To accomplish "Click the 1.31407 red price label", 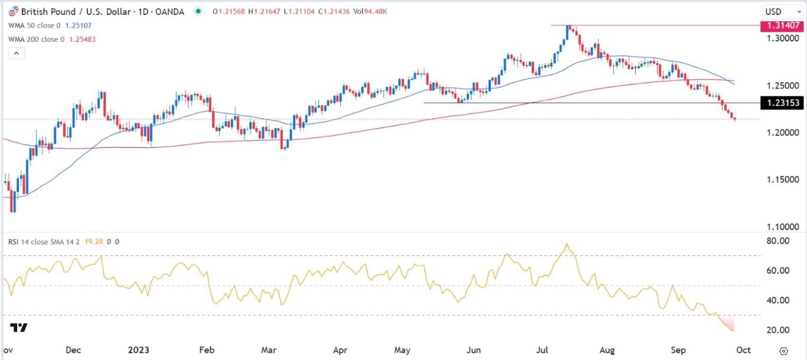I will pyautogui.click(x=782, y=26).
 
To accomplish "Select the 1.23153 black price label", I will pyautogui.click(x=782, y=103).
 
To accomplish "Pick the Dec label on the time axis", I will pyautogui.click(x=73, y=350).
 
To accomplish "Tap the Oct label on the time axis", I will pyautogui.click(x=743, y=350).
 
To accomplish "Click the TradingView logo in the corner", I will pyautogui.click(x=19, y=328).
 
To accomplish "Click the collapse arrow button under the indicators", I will pyautogui.click(x=17, y=53).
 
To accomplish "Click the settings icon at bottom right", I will pyautogui.click(x=783, y=350).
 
